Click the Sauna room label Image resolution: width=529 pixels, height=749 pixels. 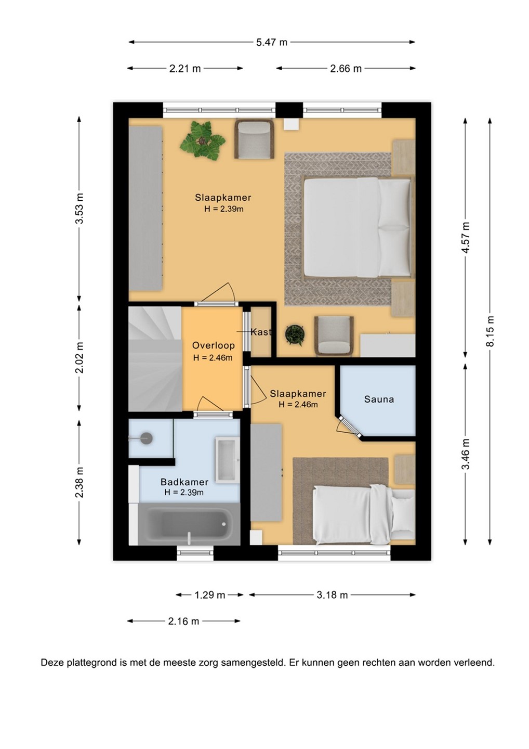pyautogui.click(x=379, y=399)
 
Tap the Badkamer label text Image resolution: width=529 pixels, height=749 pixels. pyautogui.click(x=184, y=482)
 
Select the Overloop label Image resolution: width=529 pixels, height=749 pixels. pyautogui.click(x=214, y=345)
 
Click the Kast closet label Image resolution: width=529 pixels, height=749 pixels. pyautogui.click(x=261, y=332)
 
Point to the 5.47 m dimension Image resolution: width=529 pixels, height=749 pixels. pyautogui.click(x=272, y=43)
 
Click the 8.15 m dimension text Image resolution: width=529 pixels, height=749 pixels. pyautogui.click(x=490, y=331)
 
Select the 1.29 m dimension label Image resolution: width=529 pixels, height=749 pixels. pyautogui.click(x=210, y=595)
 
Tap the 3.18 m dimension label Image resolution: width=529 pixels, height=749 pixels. pyautogui.click(x=332, y=595)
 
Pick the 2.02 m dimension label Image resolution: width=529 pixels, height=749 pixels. pyautogui.click(x=80, y=357)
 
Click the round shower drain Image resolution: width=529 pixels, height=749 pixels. pyautogui.click(x=146, y=438)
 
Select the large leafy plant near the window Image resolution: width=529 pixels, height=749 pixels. pyautogui.click(x=202, y=139)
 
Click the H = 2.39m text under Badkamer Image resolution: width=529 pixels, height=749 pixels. pyautogui.click(x=184, y=492)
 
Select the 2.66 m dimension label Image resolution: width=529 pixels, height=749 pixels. pyautogui.click(x=346, y=69)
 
